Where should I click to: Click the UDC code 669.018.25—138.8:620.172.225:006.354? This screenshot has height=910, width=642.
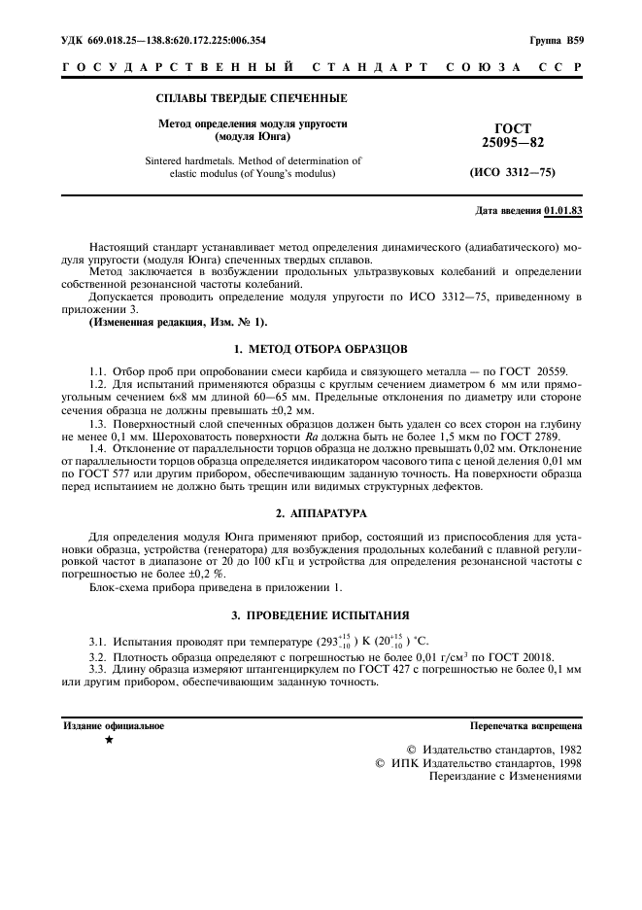[x=164, y=41]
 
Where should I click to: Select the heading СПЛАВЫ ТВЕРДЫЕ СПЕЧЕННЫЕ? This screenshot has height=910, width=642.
[x=252, y=98]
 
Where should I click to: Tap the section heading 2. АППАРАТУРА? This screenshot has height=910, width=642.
[x=321, y=511]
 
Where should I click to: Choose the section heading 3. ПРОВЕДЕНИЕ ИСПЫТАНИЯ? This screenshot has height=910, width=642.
[x=321, y=615]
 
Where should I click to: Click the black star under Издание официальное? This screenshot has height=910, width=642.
[x=109, y=741]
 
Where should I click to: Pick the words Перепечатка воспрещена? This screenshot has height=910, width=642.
[x=525, y=725]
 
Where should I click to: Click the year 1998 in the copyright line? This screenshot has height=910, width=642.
[x=565, y=764]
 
